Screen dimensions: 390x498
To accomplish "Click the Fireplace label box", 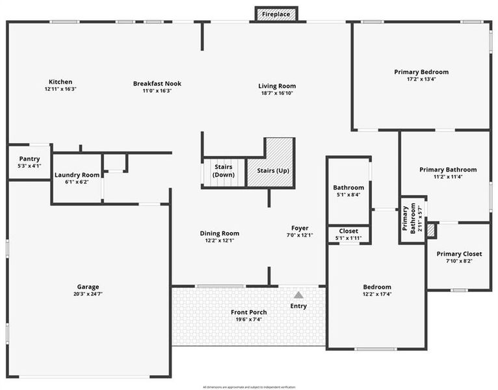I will (276, 14).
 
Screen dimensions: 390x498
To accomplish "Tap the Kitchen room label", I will (60, 82).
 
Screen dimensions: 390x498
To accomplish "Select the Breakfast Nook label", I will (157, 83).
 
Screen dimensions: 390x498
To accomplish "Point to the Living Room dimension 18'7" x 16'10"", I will (277, 93).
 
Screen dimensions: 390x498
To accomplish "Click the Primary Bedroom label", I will (421, 72).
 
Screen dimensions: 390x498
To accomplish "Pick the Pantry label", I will (29, 159).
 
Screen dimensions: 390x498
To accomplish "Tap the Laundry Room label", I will (77, 175).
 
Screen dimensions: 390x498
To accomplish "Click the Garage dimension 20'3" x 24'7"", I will (88, 294).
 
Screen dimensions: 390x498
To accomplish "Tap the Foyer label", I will (299, 228).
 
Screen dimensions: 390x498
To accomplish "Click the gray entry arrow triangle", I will (298, 294).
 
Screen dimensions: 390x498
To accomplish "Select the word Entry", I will (298, 306).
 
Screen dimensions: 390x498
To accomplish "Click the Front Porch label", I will (249, 312).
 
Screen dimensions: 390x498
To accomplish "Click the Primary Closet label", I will (459, 254).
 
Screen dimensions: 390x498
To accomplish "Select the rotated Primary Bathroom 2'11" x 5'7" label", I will (412, 220).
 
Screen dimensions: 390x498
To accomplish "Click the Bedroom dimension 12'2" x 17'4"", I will (377, 294).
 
